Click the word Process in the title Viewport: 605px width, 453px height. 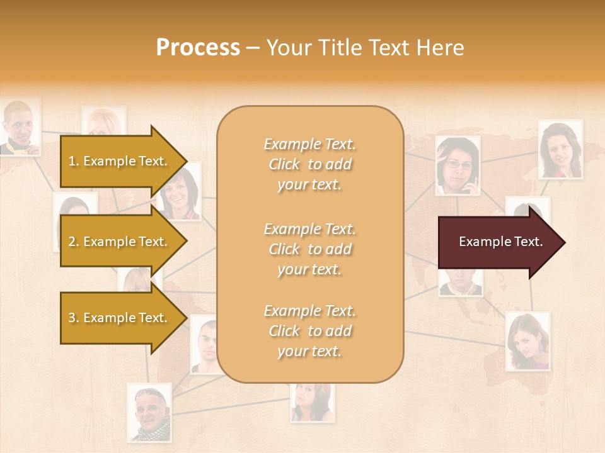point(198,48)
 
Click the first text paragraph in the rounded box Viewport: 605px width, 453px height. point(309,164)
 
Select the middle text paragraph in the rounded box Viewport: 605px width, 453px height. point(309,249)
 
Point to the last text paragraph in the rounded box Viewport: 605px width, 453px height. point(309,331)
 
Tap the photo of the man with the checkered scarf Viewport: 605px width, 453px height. point(149,413)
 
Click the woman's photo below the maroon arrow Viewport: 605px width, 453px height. point(527,341)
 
